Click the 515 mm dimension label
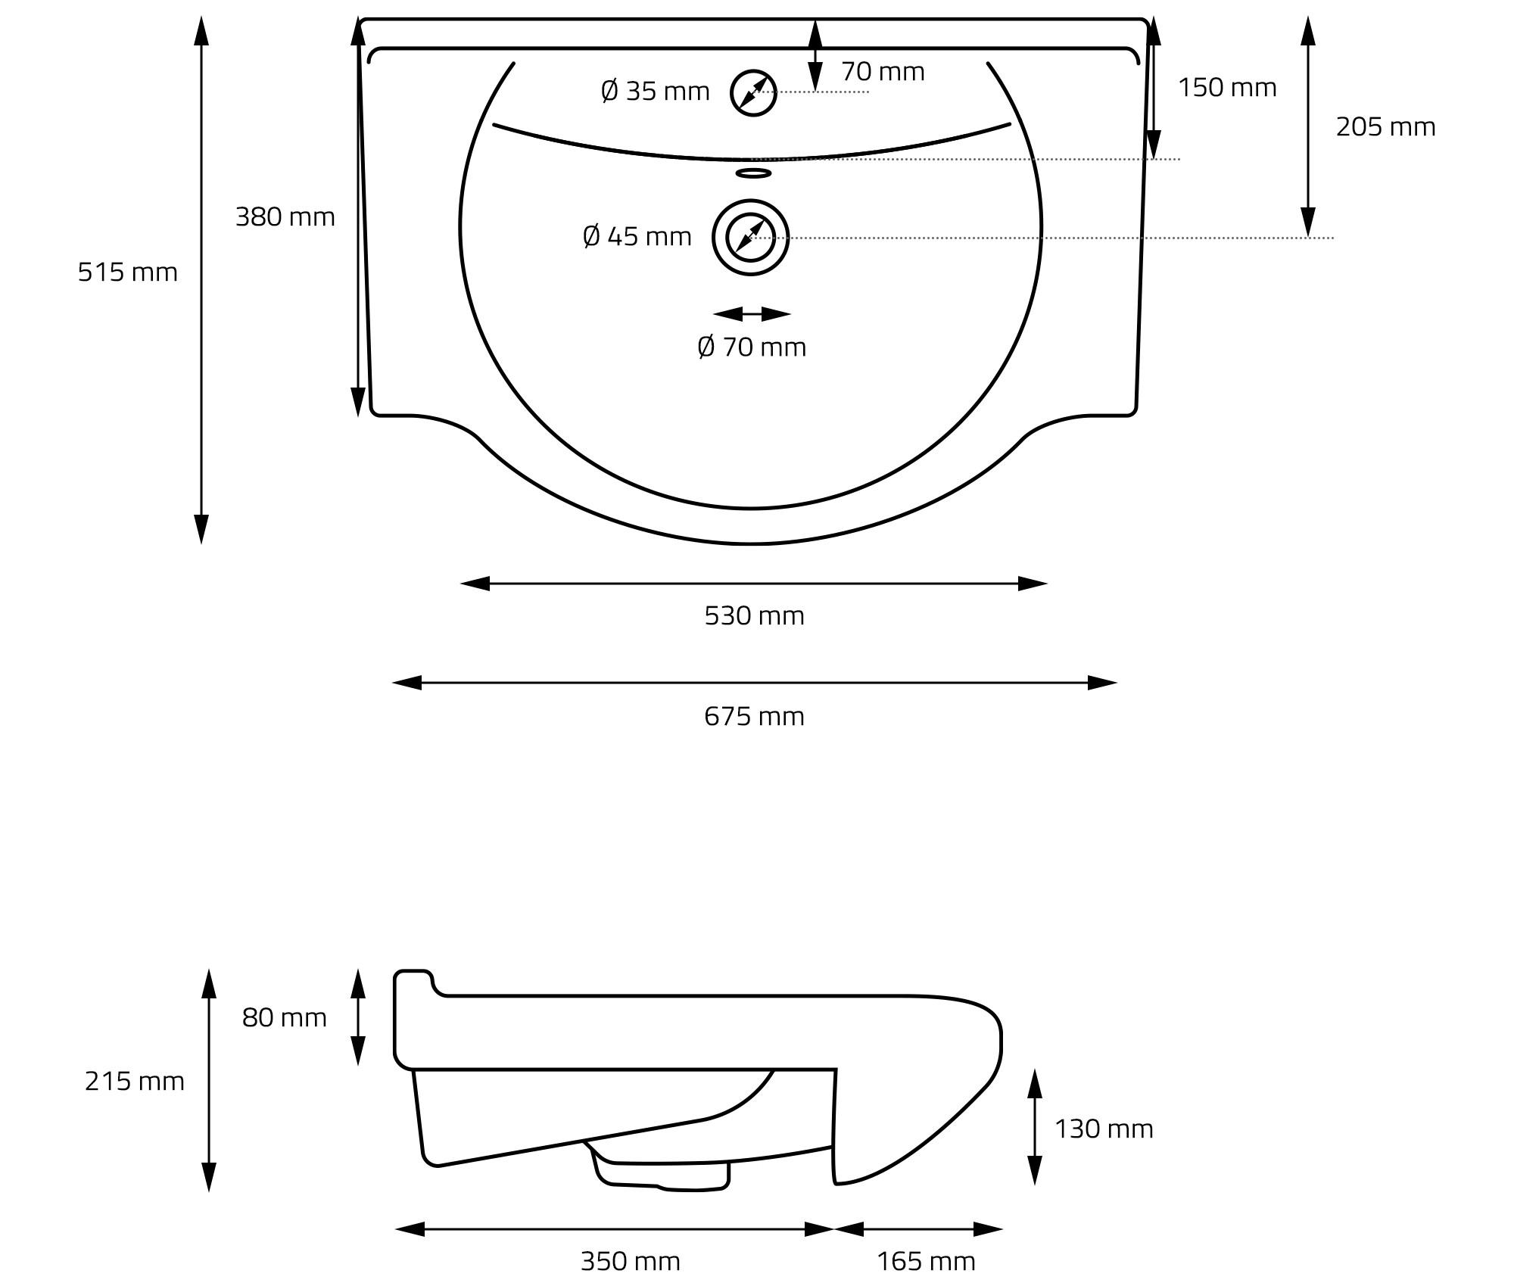pyautogui.click(x=128, y=272)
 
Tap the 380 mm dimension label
pyautogui.click(x=285, y=217)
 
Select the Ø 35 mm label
pyautogui.click(x=656, y=92)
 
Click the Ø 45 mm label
pyautogui.click(x=637, y=237)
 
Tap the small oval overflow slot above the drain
pyautogui.click(x=753, y=173)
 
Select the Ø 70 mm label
pyautogui.click(x=752, y=347)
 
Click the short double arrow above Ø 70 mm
pyautogui.click(x=752, y=314)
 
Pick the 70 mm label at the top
pyautogui.click(x=883, y=72)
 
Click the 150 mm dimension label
pyautogui.click(x=1227, y=88)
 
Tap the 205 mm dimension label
pyautogui.click(x=1385, y=127)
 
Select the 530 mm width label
pyautogui.click(x=755, y=616)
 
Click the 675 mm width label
pyautogui.click(x=755, y=717)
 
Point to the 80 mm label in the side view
pyautogui.click(x=285, y=1018)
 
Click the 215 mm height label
pyautogui.click(x=135, y=1082)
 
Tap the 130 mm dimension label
pyautogui.click(x=1104, y=1129)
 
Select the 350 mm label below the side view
pyautogui.click(x=631, y=1262)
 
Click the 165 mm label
pyautogui.click(x=926, y=1262)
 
